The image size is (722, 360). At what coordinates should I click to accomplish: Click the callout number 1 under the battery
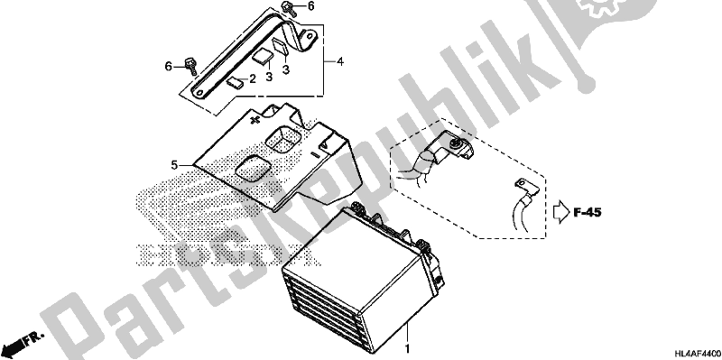pos(407,347)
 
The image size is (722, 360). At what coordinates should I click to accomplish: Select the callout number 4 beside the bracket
pos(340,61)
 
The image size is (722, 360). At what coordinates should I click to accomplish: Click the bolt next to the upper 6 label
pos(287,11)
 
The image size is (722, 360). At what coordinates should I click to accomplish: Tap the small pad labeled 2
pos(235,82)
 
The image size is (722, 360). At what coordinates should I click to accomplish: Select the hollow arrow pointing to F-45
pos(559,213)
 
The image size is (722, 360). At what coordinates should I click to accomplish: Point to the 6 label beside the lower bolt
pos(167,65)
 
